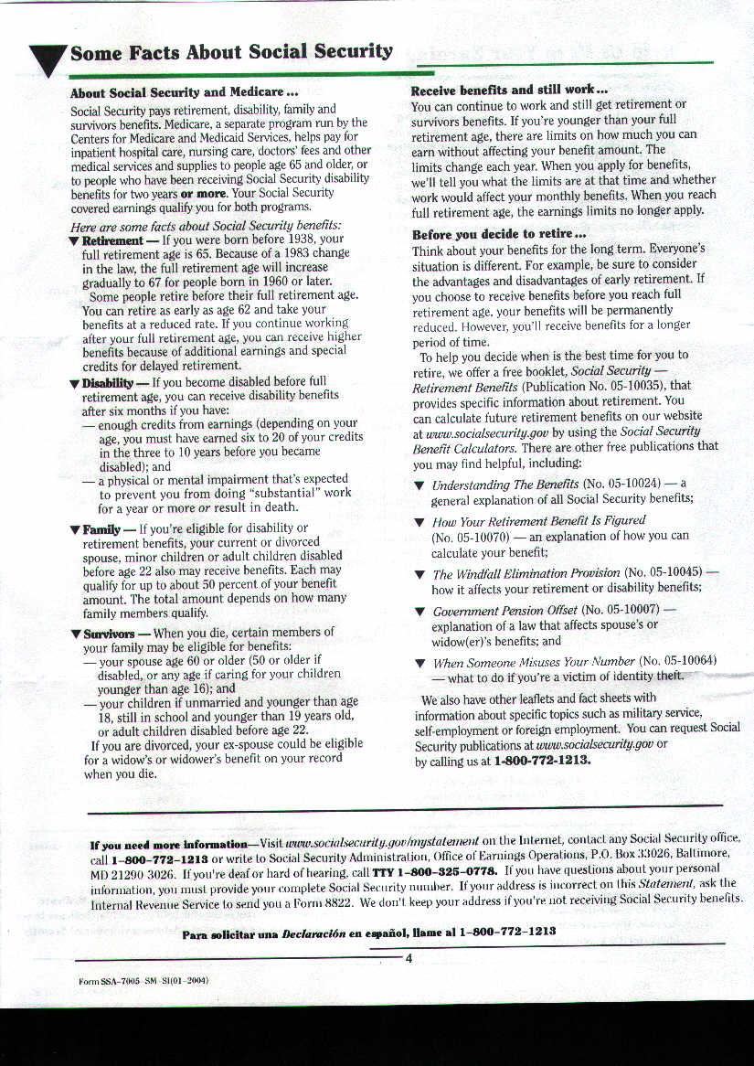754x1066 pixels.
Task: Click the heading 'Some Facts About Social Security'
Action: pyautogui.click(x=231, y=52)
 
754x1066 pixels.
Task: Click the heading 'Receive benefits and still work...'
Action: pyautogui.click(x=509, y=91)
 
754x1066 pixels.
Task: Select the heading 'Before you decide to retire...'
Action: pyautogui.click(x=498, y=234)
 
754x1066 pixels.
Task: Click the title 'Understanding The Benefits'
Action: pyautogui.click(x=505, y=485)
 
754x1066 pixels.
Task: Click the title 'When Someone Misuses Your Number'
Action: pyautogui.click(x=534, y=661)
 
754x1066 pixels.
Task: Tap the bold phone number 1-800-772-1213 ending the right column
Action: pyautogui.click(x=542, y=761)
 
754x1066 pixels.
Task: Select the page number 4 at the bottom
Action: pyautogui.click(x=409, y=958)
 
